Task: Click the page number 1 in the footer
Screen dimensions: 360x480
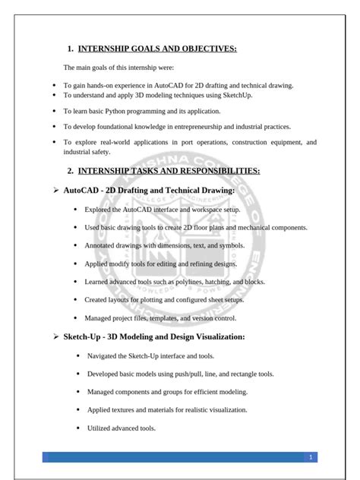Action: [311, 457]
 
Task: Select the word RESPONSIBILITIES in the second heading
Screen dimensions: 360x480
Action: [223, 171]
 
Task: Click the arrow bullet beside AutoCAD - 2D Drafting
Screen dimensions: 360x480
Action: [56, 190]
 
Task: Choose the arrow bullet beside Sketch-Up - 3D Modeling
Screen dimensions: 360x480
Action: [56, 336]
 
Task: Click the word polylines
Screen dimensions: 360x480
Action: [178, 282]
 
